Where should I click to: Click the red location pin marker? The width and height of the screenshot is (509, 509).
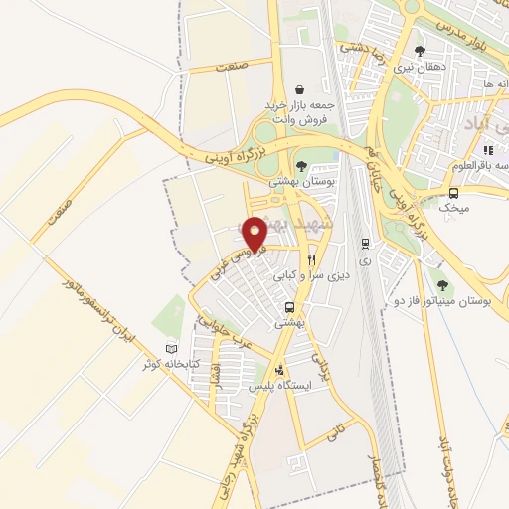click(255, 233)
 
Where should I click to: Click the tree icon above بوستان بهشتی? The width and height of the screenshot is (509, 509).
click(301, 166)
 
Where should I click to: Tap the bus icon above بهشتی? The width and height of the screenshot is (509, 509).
click(289, 307)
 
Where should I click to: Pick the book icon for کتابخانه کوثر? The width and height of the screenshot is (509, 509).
click(172, 349)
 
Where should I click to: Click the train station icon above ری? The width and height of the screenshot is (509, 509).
click(366, 242)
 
